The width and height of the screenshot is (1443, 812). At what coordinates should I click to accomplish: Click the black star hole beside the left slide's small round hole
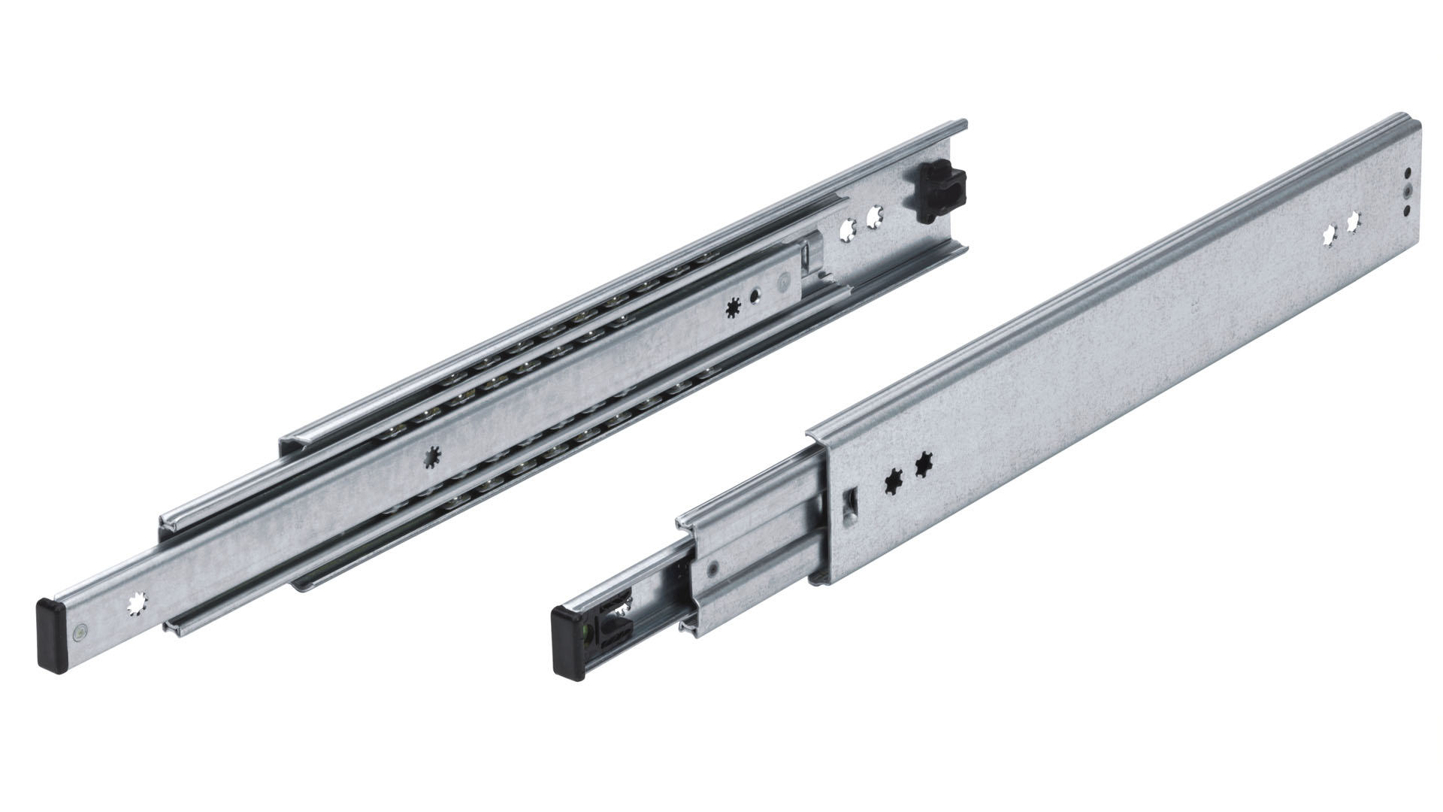[734, 308]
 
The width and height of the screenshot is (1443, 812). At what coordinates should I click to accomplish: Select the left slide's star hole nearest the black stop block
[873, 219]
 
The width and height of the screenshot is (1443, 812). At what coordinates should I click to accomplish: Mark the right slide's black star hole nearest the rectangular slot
[894, 479]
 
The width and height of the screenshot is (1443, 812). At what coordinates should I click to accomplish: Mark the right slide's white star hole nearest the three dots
[1354, 223]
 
